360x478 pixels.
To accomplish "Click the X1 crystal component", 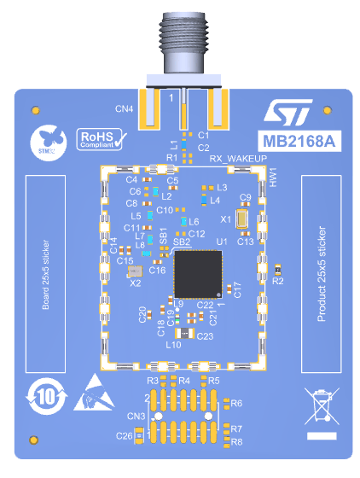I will tap(242, 220).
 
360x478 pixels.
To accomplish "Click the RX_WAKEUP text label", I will tap(237, 159).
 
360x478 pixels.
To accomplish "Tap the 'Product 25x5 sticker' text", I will tap(322, 273).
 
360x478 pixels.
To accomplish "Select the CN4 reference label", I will tap(125, 109).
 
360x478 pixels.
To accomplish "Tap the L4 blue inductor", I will tap(203, 200).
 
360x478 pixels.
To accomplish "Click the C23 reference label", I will tap(205, 337).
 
